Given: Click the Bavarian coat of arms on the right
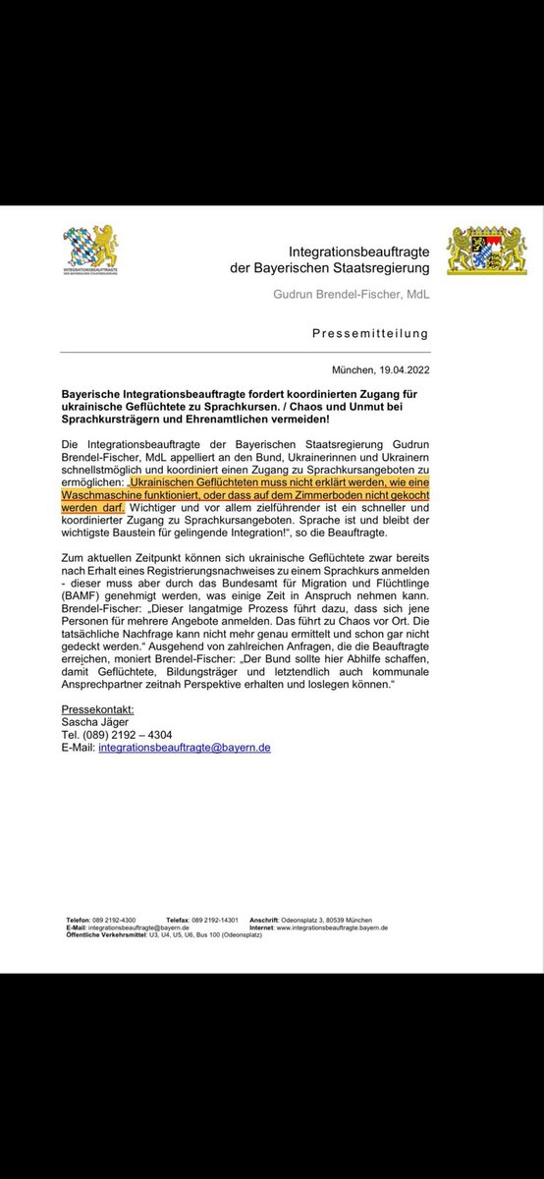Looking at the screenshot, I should point(486,253).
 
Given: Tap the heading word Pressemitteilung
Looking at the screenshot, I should point(370,333).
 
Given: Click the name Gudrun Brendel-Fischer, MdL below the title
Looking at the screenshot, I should point(352,295).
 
